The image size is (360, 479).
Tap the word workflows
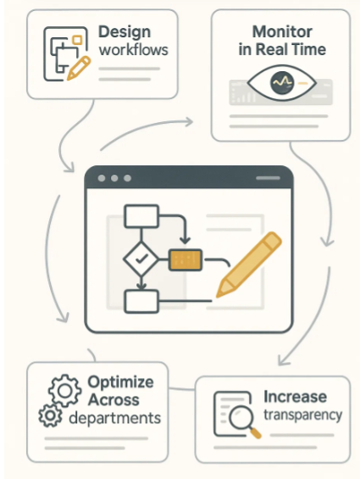point(134,50)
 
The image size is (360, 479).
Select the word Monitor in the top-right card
point(282,31)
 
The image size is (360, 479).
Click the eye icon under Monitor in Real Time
point(281,82)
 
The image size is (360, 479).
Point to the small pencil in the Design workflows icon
point(79,69)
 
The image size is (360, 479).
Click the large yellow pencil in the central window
point(249,265)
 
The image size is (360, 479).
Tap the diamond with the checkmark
point(141,259)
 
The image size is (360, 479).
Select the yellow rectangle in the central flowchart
point(186,259)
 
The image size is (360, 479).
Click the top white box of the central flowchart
point(141,216)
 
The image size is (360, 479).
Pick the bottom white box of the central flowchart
point(141,302)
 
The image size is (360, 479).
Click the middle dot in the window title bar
point(114,178)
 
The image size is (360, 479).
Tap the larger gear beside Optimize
point(64,391)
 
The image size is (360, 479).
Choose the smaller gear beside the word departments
point(50,415)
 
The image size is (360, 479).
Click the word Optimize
point(120,382)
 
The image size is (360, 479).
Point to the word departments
point(115,418)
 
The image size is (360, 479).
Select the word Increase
point(296,397)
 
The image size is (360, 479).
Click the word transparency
point(303,415)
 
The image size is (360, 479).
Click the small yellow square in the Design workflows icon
point(77,40)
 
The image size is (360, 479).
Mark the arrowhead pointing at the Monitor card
point(189,122)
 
